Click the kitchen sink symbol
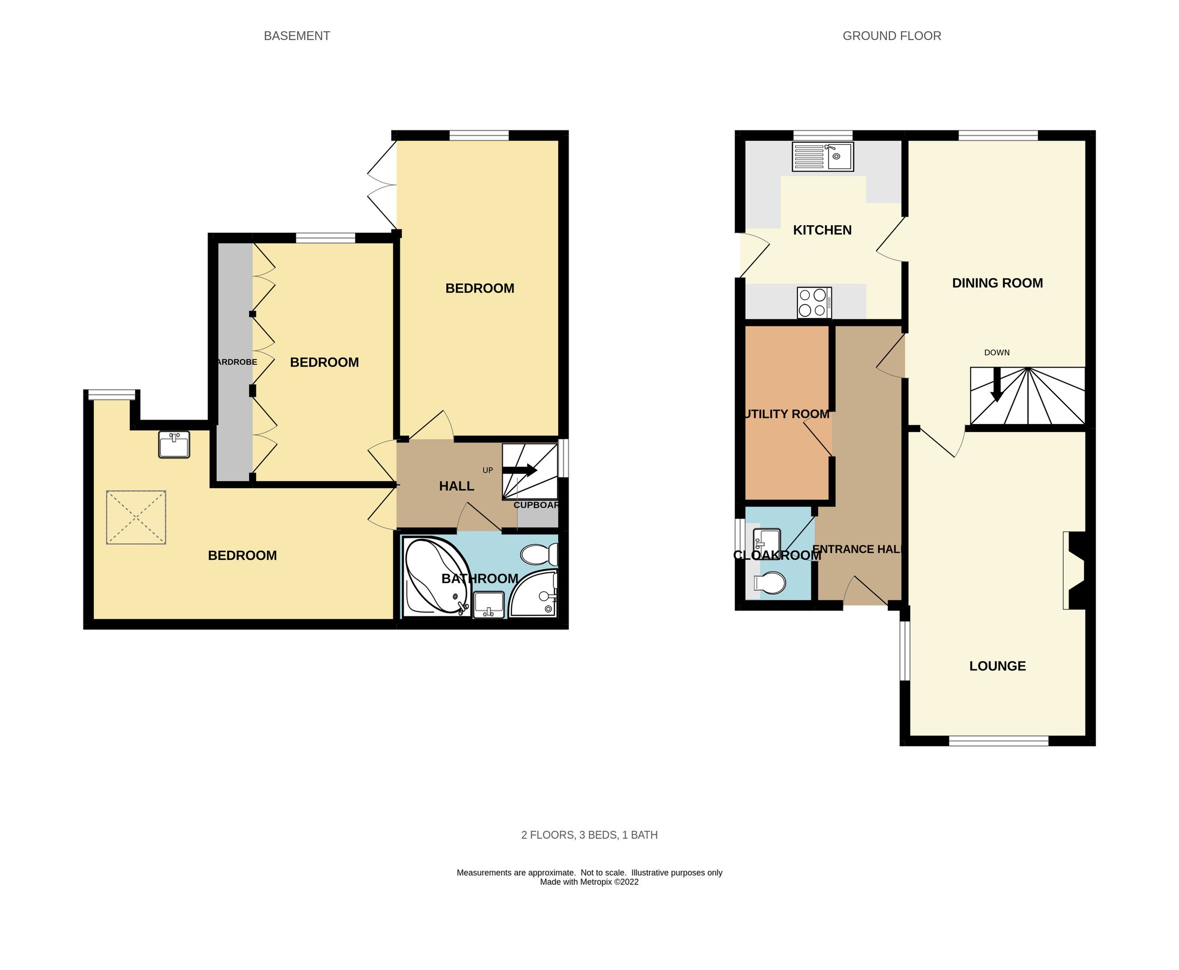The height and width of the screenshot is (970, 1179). (x=822, y=156)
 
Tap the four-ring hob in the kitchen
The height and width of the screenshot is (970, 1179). (x=814, y=302)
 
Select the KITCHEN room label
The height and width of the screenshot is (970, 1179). (x=822, y=230)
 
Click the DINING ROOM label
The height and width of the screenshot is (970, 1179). (x=997, y=283)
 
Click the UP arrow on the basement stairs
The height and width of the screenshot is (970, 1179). (x=519, y=470)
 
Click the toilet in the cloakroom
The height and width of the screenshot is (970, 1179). (x=769, y=583)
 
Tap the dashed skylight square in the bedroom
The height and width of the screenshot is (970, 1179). (x=136, y=517)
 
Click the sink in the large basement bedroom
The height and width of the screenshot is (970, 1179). (x=174, y=445)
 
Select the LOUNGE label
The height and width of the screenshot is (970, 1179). (x=997, y=666)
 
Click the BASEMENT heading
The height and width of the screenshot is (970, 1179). (x=297, y=36)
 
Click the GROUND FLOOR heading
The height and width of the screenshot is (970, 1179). (x=891, y=36)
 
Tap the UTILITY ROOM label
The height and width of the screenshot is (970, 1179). (x=787, y=414)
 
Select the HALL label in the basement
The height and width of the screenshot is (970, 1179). (x=456, y=487)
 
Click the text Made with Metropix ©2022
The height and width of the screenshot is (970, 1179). (x=589, y=882)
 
